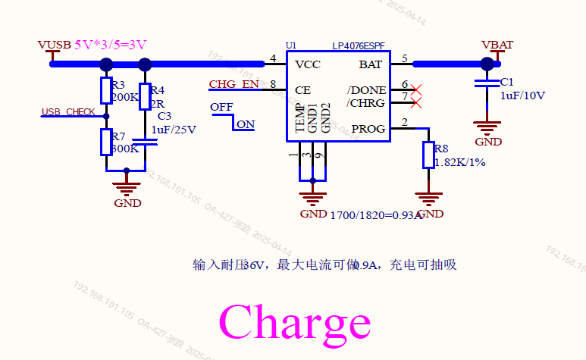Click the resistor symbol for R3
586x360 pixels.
106,90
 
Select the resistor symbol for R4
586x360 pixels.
145,97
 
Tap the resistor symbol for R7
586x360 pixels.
106,142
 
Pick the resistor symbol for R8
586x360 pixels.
429,155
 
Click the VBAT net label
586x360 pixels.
497,45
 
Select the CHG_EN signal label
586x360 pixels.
234,84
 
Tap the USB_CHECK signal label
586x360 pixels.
68,112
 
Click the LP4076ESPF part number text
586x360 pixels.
359,46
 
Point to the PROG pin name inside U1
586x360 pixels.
367,129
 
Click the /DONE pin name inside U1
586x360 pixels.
366,90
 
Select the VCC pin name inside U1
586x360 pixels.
308,64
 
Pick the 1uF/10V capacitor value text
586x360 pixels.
522,95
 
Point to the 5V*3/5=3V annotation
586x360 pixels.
111,45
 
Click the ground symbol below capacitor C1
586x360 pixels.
487,126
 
